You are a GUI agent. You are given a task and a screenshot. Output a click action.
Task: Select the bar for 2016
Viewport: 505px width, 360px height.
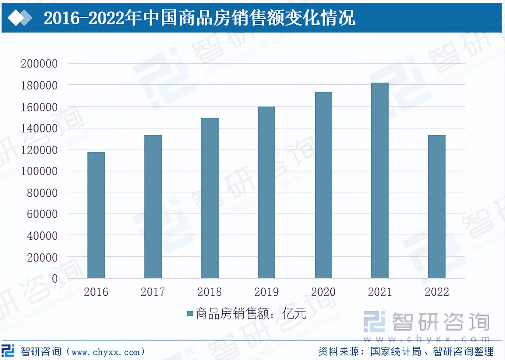[x=96, y=215]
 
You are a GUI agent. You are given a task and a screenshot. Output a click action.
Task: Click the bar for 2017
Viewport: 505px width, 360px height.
[x=153, y=206]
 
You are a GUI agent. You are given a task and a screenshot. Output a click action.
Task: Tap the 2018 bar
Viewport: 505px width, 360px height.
[x=210, y=198]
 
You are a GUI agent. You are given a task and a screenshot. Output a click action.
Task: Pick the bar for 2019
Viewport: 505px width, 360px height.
[x=267, y=192]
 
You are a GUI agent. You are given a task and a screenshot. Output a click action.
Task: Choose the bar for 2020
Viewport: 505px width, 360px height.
[x=323, y=185]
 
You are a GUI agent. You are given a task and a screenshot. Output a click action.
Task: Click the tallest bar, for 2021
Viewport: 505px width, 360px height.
[x=380, y=180]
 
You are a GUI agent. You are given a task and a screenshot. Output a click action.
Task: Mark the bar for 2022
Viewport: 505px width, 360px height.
[x=437, y=206]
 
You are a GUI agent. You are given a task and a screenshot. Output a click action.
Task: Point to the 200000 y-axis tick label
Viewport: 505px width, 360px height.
[x=39, y=64]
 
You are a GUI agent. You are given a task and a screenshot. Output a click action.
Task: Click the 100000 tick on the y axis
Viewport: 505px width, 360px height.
[x=39, y=171]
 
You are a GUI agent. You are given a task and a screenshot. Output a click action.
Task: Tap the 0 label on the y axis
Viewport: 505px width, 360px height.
[x=55, y=279]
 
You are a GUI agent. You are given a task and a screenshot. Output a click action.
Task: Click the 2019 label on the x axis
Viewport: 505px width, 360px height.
[x=267, y=292]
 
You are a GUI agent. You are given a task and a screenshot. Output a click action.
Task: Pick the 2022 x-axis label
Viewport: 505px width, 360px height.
[x=437, y=292]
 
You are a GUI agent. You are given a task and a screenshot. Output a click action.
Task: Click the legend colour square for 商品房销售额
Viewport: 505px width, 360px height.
[x=190, y=314]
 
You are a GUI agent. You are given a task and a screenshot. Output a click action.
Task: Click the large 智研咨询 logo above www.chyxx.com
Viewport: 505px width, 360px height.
[x=427, y=322]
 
